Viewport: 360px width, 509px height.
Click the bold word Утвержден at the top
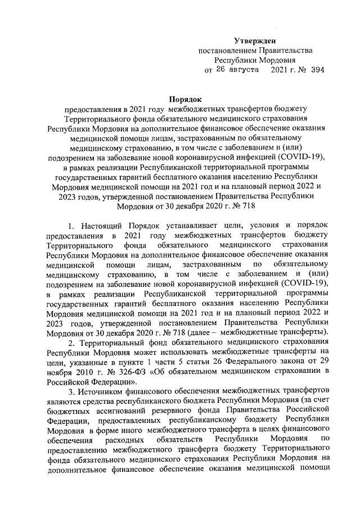click(255, 40)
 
